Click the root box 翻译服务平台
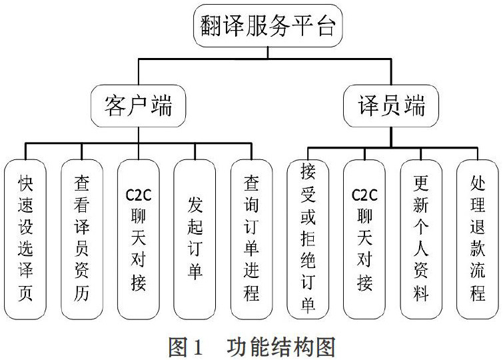coord(268,25)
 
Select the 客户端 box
coord(139,105)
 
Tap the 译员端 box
coord(391,105)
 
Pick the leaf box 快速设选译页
coord(25,239)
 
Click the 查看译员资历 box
coord(82,239)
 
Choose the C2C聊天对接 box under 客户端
coord(139,239)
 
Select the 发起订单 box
coord(195,239)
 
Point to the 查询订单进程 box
coord(252,239)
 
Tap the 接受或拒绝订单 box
coord(308,239)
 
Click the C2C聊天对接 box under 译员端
coord(364,239)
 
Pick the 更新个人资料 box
coord(421,239)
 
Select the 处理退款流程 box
coord(478,239)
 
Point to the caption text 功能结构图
coord(281,347)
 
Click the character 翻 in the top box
coord(211,26)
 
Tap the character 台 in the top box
coord(324,26)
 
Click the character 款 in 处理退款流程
coord(478,248)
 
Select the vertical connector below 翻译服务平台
coord(268,53)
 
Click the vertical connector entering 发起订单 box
coord(195,151)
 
